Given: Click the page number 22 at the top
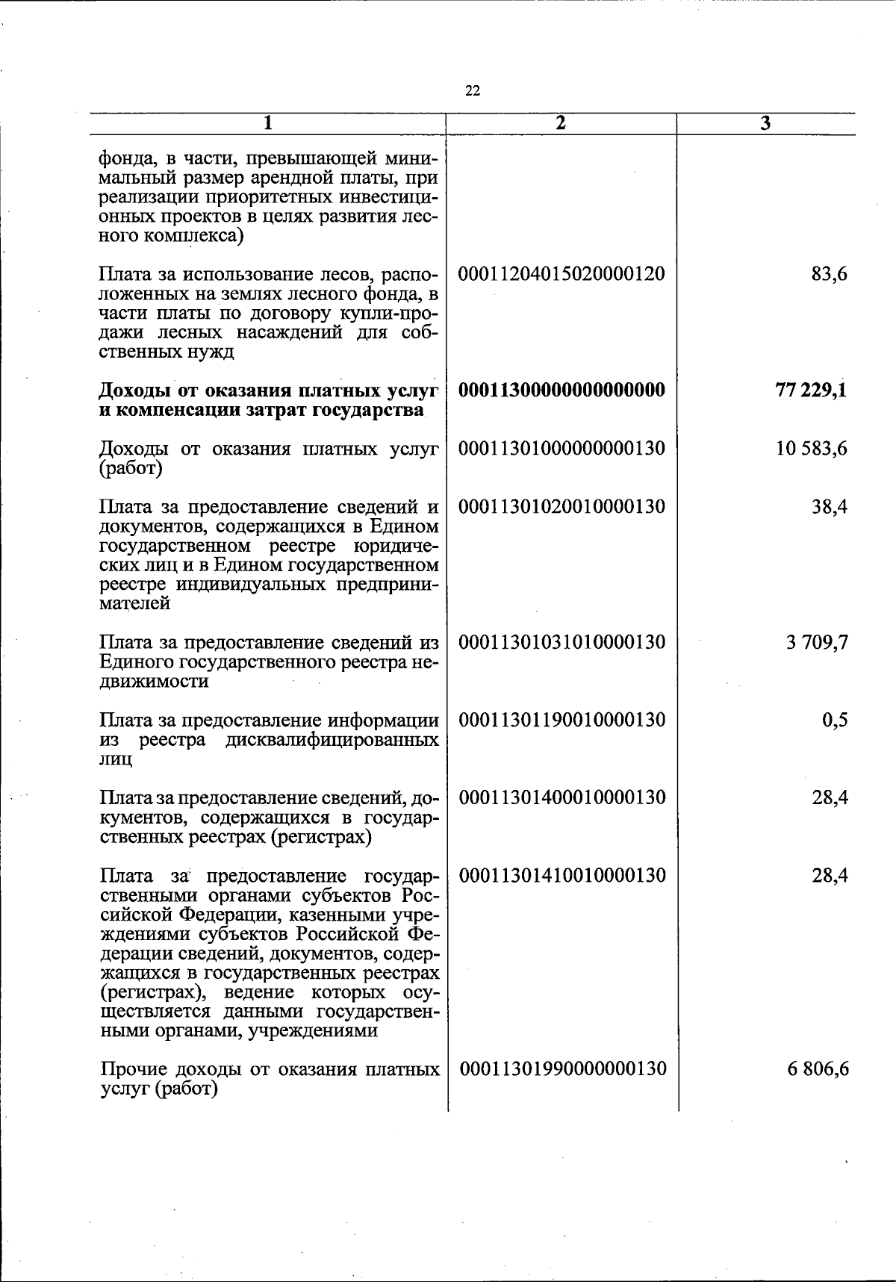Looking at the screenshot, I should [x=473, y=91].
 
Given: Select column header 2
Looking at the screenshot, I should [x=561, y=123].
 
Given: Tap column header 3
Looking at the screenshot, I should [x=765, y=124].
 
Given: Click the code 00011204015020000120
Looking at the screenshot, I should [x=561, y=273].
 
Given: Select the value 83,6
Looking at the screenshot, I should [x=829, y=274].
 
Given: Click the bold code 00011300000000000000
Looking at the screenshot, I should [x=561, y=390].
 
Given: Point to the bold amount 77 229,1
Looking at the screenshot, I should [x=811, y=390].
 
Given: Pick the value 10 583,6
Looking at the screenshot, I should [x=812, y=449].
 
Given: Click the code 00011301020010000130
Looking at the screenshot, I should [x=561, y=507].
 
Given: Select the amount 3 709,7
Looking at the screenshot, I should [x=817, y=642].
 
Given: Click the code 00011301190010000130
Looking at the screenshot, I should [x=561, y=720].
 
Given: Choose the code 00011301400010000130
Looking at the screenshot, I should [x=561, y=797].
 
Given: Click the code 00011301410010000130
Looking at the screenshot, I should [x=561, y=875].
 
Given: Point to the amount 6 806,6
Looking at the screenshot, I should [x=817, y=1069].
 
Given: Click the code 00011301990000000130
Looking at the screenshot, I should [x=561, y=1069].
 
